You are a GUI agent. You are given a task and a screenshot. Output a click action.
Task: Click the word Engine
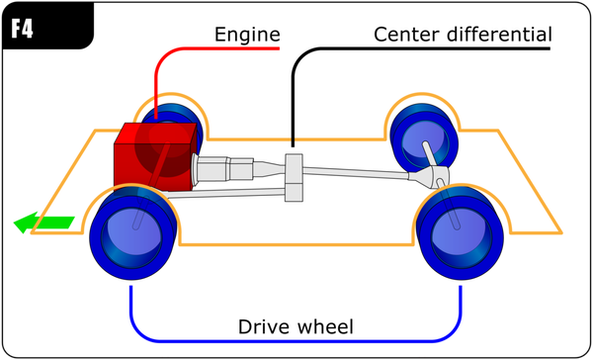pyautogui.click(x=246, y=36)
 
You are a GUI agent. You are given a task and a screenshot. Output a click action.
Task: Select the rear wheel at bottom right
pyautogui.click(x=458, y=229)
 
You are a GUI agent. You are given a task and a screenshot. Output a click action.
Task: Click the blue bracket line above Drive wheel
pyautogui.click(x=296, y=340)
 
